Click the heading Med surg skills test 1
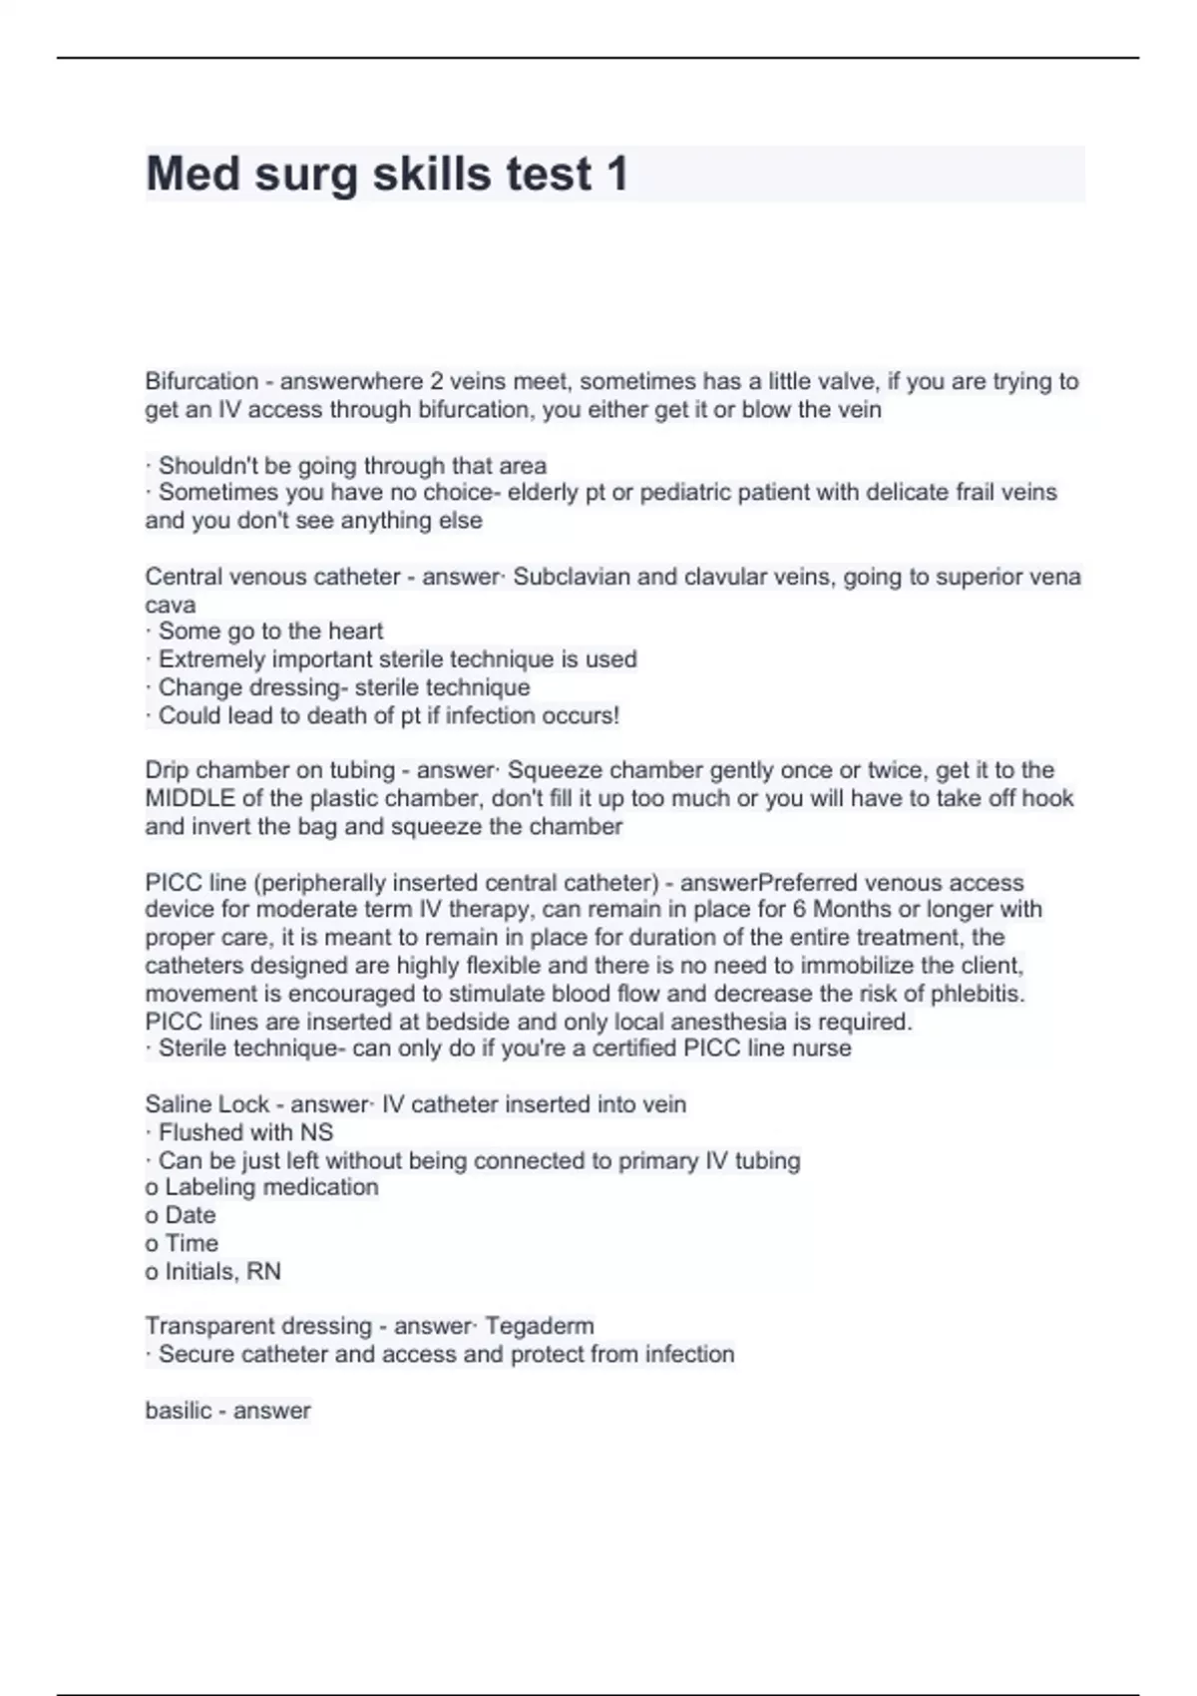click(387, 174)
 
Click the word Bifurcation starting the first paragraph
click(201, 381)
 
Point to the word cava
click(170, 606)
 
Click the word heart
click(356, 632)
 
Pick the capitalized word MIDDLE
click(190, 798)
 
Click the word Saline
click(178, 1104)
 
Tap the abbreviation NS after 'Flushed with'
click(316, 1132)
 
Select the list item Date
click(190, 1215)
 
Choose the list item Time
click(191, 1243)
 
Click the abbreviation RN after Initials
click(263, 1271)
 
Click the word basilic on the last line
click(178, 1411)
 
